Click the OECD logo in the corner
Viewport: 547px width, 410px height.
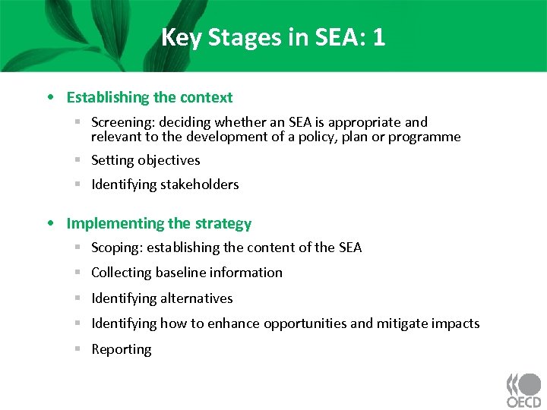click(523, 389)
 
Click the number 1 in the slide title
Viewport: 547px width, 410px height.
click(378, 37)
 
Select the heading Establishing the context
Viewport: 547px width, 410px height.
click(150, 97)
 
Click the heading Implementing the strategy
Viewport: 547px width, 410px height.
click(159, 223)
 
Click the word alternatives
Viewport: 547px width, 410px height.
click(197, 298)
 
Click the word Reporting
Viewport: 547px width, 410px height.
click(122, 349)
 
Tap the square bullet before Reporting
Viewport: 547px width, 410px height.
click(78, 348)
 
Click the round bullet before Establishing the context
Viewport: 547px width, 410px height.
click(49, 98)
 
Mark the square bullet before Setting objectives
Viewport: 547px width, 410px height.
click(78, 159)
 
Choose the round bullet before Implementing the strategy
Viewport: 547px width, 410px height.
click(49, 224)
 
